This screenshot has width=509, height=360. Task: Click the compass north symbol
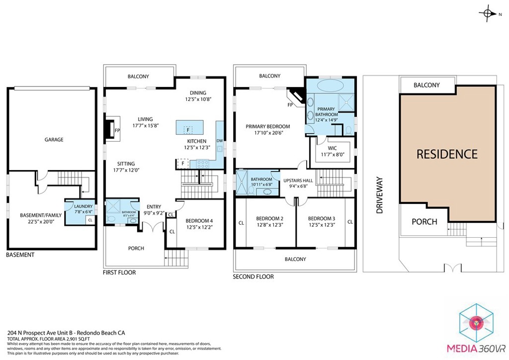click(488, 14)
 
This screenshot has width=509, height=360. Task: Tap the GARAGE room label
click(54, 140)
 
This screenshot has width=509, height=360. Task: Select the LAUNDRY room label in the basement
click(83, 206)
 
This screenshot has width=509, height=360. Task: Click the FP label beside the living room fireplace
click(117, 130)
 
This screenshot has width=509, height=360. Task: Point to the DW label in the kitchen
click(219, 141)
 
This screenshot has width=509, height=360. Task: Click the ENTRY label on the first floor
click(153, 207)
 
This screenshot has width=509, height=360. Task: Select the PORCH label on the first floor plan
click(136, 248)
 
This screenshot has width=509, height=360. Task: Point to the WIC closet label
click(333, 148)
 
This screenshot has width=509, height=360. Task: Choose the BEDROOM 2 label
click(269, 218)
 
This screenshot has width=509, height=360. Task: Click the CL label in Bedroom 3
click(350, 222)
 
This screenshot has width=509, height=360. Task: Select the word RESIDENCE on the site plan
click(446, 154)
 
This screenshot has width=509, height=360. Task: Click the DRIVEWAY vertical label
click(380, 195)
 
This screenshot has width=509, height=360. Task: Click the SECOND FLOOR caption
click(253, 277)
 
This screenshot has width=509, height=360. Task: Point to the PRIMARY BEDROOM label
click(267, 126)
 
